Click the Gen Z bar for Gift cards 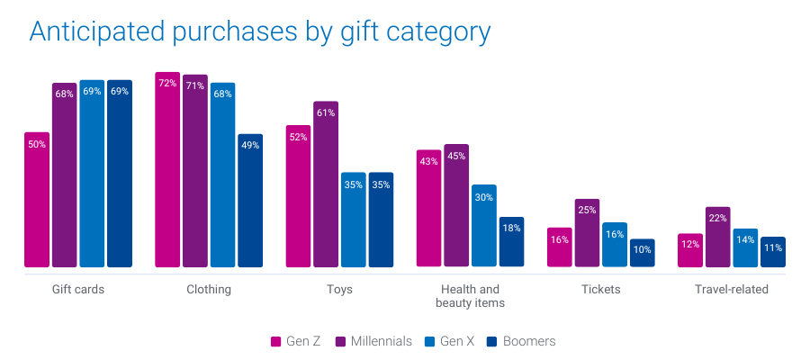(x=37, y=200)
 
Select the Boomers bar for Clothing (x=250, y=201)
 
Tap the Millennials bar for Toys (x=326, y=184)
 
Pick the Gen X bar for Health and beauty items (x=484, y=226)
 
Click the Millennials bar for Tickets (x=587, y=233)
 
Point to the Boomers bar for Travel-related (x=773, y=252)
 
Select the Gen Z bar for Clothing (x=167, y=170)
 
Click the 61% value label (x=326, y=113)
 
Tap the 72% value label (x=167, y=84)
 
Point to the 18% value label (x=511, y=229)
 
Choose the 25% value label (x=587, y=211)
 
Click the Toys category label (x=339, y=290)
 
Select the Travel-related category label (x=732, y=290)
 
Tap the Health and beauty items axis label (x=470, y=296)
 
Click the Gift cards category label (x=77, y=290)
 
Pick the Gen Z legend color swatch (x=276, y=342)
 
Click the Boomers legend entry (x=521, y=342)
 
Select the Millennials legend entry (x=374, y=342)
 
